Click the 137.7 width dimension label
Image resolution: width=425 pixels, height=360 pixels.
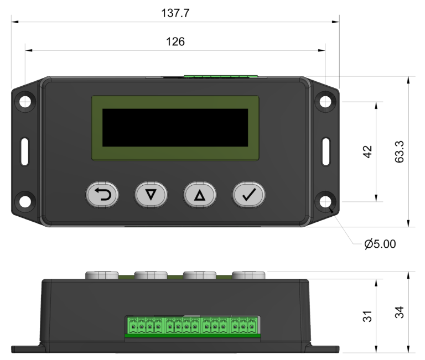pos(175,13)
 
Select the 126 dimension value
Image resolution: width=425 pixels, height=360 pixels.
pos(175,41)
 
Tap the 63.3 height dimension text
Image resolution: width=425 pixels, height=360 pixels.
pos(399,152)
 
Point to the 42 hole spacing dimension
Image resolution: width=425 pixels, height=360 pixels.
pos(367,152)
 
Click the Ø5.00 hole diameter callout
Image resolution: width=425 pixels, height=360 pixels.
pos(380,244)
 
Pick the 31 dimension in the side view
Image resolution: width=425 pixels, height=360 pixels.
pos(367,316)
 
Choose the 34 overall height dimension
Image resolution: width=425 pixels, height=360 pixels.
pos(399,312)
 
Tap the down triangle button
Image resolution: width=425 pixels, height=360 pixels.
pos(151,195)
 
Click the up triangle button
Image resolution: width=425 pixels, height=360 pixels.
pos(200,195)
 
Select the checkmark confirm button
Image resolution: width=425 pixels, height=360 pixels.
pos(248,195)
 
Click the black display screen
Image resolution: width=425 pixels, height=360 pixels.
pos(175,128)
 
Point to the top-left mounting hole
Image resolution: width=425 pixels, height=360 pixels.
pos(25,102)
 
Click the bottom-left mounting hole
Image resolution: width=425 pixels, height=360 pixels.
pos(25,201)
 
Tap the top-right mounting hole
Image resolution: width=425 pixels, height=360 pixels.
pos(325,102)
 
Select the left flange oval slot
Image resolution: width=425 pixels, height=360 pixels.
pos(25,152)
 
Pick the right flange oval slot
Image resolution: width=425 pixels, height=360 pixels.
pos(325,152)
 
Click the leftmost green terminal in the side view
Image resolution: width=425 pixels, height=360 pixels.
pos(133,326)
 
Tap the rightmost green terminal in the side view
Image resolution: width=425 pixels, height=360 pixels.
pos(252,326)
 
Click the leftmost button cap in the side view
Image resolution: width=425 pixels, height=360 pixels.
pos(102,275)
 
